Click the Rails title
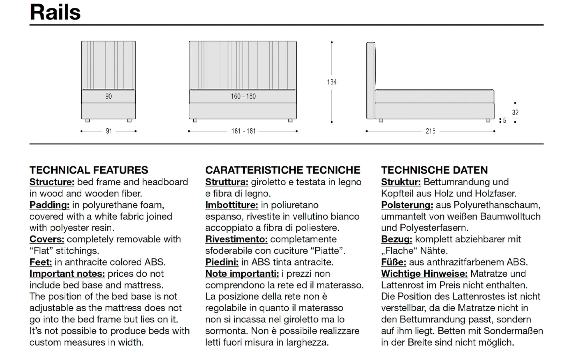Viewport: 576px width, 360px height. (x=55, y=12)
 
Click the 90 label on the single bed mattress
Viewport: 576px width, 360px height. (x=109, y=96)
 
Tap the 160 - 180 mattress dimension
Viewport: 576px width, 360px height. (x=243, y=96)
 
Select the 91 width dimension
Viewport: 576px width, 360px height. (x=109, y=131)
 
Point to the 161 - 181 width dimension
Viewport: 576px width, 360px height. (x=243, y=131)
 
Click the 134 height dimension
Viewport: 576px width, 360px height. (x=332, y=82)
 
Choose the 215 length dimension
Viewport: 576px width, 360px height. (x=430, y=131)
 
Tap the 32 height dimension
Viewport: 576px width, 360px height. (x=515, y=113)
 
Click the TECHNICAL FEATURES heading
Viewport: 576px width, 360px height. (x=89, y=170)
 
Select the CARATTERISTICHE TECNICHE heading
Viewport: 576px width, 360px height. (x=283, y=170)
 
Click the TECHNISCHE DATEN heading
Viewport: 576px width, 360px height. (x=434, y=170)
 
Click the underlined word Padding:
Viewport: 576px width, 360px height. (x=50, y=205)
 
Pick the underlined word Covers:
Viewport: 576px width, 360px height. (x=47, y=240)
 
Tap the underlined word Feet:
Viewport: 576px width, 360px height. (x=41, y=262)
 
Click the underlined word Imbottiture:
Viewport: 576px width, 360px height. (x=232, y=205)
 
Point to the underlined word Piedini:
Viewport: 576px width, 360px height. (x=222, y=262)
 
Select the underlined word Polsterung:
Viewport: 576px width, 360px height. (x=407, y=205)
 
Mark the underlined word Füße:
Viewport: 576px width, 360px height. (x=394, y=262)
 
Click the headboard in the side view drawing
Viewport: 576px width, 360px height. (x=371, y=80)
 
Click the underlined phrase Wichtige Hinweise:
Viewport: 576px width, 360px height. (x=424, y=274)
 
